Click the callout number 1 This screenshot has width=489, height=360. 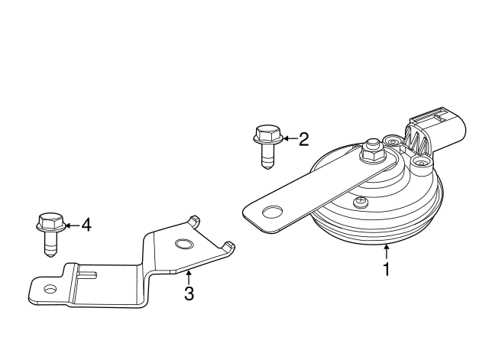[387, 269]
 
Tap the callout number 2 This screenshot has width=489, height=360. [303, 138]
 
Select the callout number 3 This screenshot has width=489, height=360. [188, 294]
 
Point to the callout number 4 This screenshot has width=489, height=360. [86, 225]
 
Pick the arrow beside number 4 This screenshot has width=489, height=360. [70, 225]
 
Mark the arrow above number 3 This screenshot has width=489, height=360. [188, 276]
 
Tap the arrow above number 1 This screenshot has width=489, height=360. [387, 250]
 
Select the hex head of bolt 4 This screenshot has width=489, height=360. [48, 223]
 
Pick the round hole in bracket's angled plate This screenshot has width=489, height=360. [183, 245]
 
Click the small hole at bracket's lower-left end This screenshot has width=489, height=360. [50, 289]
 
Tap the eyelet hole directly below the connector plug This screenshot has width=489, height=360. [419, 163]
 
